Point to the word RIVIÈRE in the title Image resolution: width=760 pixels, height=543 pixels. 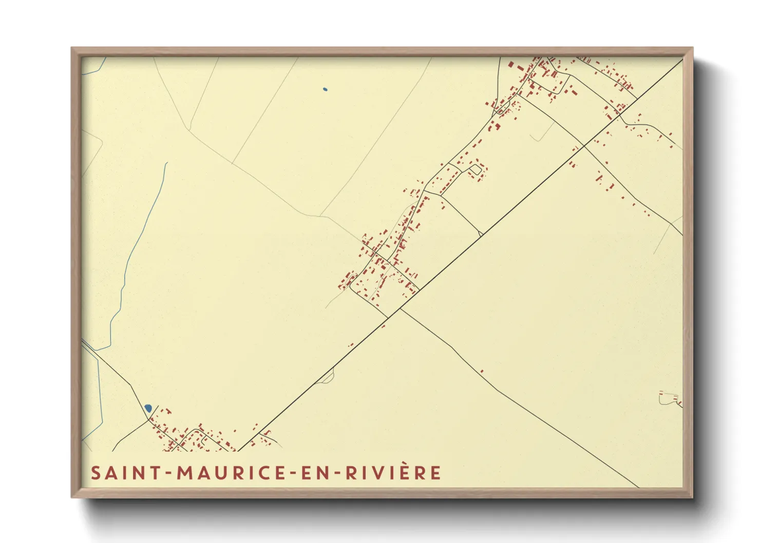click(393, 473)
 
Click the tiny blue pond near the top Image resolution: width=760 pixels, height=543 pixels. click(325, 90)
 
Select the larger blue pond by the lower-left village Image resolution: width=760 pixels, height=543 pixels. click(148, 408)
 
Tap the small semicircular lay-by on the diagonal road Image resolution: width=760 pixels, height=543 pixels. click(327, 378)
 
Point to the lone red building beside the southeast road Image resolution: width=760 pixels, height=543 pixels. click(482, 371)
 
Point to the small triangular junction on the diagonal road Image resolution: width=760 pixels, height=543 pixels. click(480, 234)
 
